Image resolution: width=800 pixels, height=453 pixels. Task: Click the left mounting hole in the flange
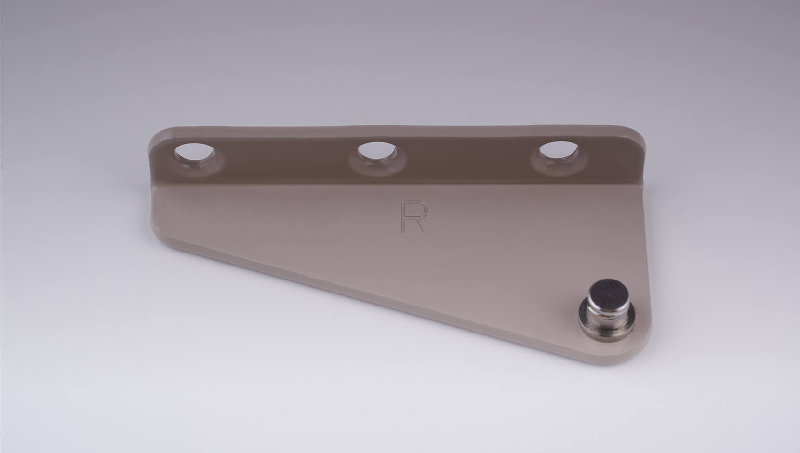click(195, 154)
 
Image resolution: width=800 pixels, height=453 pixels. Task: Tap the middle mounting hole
click(377, 152)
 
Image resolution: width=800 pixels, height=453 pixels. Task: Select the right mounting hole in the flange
click(559, 151)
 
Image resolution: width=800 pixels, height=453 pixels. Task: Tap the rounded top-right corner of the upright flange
click(638, 134)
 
